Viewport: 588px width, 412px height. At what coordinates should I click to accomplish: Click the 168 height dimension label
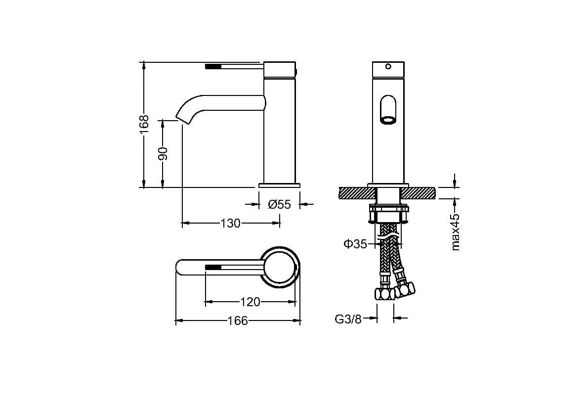pos(144,124)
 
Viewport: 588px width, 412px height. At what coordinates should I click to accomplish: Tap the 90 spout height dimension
pos(163,153)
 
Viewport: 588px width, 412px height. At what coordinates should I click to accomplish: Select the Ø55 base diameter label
pos(279,204)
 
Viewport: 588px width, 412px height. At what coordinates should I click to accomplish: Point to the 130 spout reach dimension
pos(230,223)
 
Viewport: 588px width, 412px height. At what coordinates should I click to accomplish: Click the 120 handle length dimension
pos(250,302)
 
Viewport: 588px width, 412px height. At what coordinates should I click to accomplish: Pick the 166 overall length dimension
pos(238,321)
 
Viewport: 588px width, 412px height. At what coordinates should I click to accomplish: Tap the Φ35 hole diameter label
pos(355,244)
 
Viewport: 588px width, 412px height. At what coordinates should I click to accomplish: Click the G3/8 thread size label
pos(348,320)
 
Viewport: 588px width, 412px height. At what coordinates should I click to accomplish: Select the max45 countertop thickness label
pos(455,232)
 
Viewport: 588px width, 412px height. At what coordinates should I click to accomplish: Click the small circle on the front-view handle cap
pos(388,67)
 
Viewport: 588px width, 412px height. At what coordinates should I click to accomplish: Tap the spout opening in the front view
pos(388,120)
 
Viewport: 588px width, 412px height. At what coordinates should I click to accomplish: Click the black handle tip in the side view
pos(212,67)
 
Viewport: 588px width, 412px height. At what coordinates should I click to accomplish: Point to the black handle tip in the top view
pos(212,267)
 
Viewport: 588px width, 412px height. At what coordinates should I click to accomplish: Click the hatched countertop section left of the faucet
pos(356,193)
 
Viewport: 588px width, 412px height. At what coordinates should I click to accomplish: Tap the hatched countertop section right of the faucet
pos(419,193)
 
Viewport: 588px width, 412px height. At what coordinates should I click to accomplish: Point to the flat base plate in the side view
pos(279,185)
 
